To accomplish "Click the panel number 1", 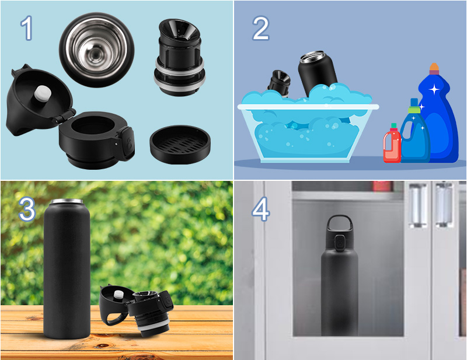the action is point(27,28).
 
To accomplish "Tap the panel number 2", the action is point(260,28).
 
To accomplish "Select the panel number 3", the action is point(27,209).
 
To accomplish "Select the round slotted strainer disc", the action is point(180,145).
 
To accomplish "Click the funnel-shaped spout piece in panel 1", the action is point(180,57).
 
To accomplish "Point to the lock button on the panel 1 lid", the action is point(127,144).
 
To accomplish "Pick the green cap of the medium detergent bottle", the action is point(414,110).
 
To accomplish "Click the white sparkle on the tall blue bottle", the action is point(434,89).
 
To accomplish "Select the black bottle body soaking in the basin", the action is point(318,73).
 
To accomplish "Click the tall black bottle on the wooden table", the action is point(67,268).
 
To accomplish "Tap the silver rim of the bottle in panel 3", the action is point(67,201).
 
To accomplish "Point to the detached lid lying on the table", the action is point(137,310).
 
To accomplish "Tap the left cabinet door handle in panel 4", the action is point(418,205).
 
